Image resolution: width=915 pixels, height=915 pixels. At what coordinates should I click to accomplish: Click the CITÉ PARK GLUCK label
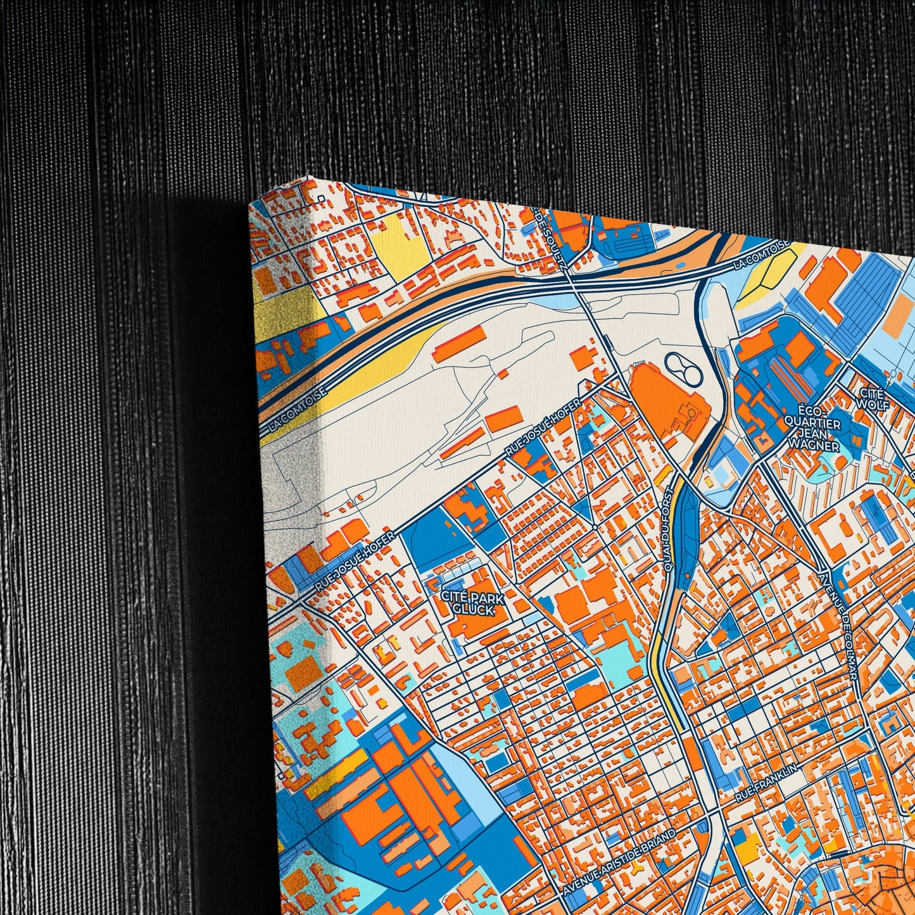(x=473, y=603)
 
